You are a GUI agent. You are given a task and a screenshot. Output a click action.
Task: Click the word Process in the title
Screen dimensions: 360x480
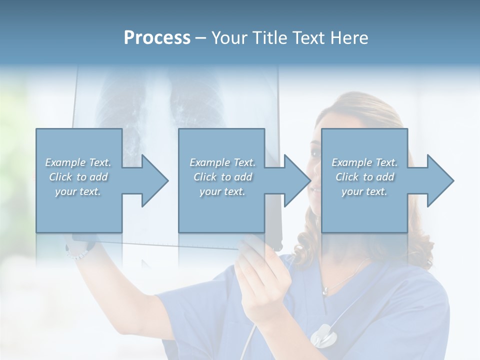click(157, 38)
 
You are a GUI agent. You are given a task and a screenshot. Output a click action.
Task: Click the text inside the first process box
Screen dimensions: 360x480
click(78, 177)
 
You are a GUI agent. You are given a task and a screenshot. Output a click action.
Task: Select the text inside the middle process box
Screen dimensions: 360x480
click(222, 177)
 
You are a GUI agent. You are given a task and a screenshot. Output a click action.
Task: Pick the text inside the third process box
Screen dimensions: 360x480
click(364, 177)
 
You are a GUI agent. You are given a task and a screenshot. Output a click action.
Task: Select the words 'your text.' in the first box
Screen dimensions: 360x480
click(78, 191)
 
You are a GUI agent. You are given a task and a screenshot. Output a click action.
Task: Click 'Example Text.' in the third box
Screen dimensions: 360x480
click(364, 162)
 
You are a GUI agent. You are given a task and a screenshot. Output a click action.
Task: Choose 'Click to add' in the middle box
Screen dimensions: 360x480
click(222, 177)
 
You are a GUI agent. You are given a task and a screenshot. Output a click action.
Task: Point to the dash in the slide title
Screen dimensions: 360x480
click(200, 38)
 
